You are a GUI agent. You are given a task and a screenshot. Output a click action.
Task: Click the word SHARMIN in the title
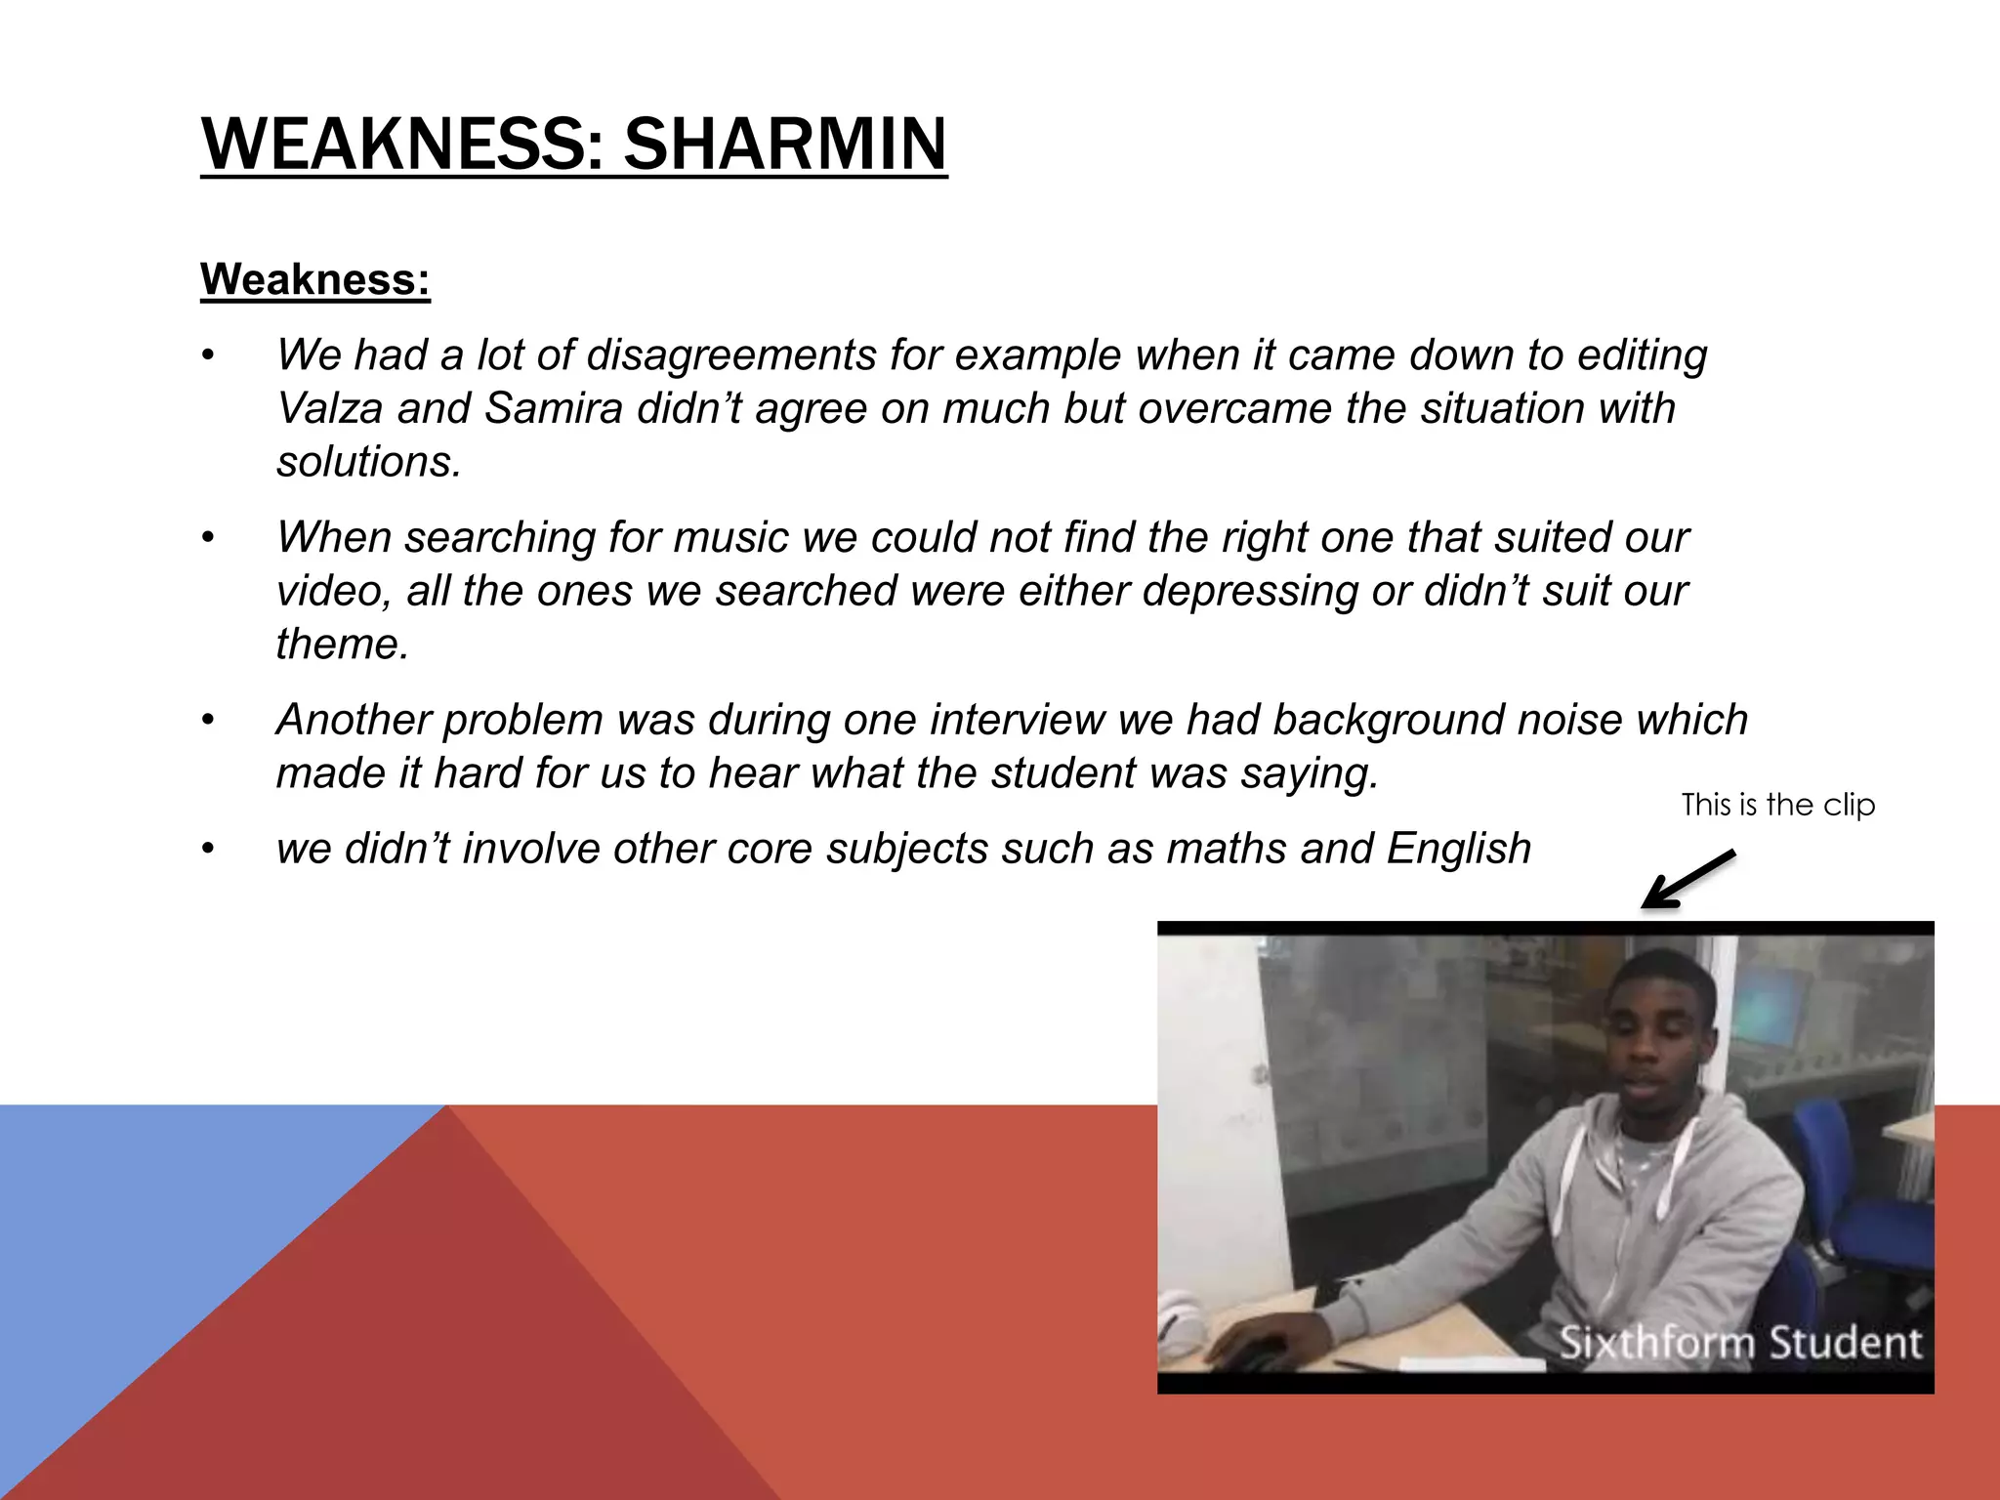point(785,145)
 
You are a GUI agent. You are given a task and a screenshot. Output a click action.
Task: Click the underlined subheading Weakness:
point(314,279)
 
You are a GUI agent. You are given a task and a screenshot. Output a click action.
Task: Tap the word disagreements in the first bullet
point(730,354)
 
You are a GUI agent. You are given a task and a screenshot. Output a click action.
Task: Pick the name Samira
point(554,408)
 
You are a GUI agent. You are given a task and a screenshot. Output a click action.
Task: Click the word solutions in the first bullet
point(367,462)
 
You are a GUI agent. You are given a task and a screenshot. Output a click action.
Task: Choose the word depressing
point(1249,591)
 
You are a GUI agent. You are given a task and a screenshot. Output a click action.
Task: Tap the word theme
point(341,645)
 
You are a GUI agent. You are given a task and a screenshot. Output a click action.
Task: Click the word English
point(1458,849)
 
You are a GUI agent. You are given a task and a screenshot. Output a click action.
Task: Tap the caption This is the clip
point(1777,805)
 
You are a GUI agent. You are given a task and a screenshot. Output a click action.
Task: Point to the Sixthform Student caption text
point(1739,1343)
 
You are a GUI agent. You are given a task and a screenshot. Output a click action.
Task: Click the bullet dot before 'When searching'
point(207,538)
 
